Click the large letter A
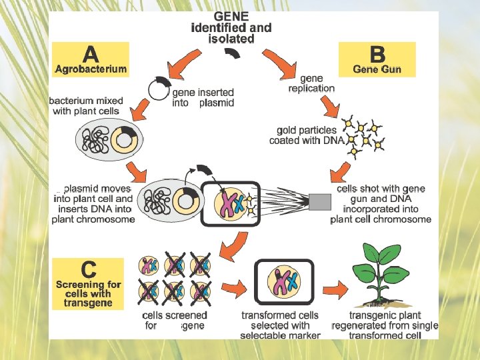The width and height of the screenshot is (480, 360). (x=91, y=53)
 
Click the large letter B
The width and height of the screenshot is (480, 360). (x=377, y=53)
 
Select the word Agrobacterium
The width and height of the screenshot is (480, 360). (x=91, y=69)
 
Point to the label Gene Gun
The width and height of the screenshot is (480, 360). (x=377, y=69)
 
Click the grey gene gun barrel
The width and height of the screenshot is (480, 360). (x=320, y=200)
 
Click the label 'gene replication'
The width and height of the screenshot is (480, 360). (x=311, y=83)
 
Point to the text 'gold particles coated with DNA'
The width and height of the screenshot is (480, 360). (x=307, y=135)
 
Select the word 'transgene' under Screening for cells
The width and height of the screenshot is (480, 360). (x=84, y=303)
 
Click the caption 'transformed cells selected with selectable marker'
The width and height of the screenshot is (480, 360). (x=280, y=325)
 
